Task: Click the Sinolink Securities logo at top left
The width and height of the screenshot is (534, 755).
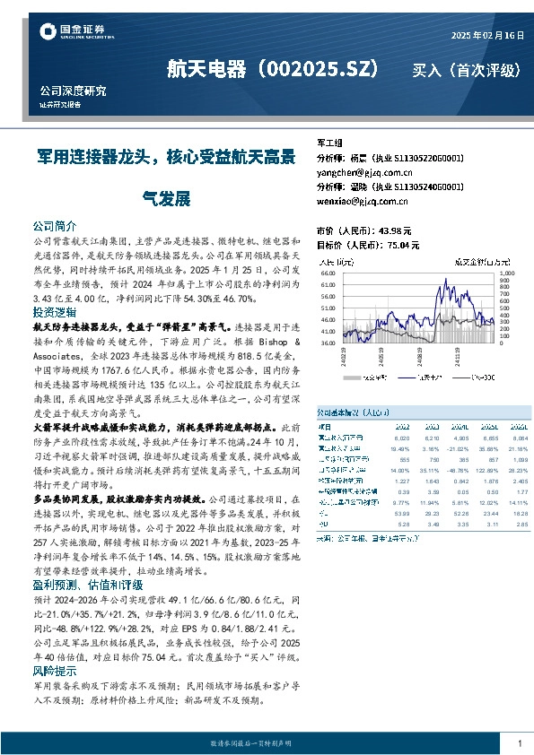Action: point(75,33)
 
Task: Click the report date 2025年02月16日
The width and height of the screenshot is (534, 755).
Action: point(486,35)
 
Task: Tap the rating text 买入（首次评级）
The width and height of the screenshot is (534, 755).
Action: point(466,70)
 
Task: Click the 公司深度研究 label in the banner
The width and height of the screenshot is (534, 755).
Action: point(74,91)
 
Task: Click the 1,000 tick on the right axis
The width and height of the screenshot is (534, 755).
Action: point(506,270)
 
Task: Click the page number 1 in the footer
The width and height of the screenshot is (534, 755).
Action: point(520,743)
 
